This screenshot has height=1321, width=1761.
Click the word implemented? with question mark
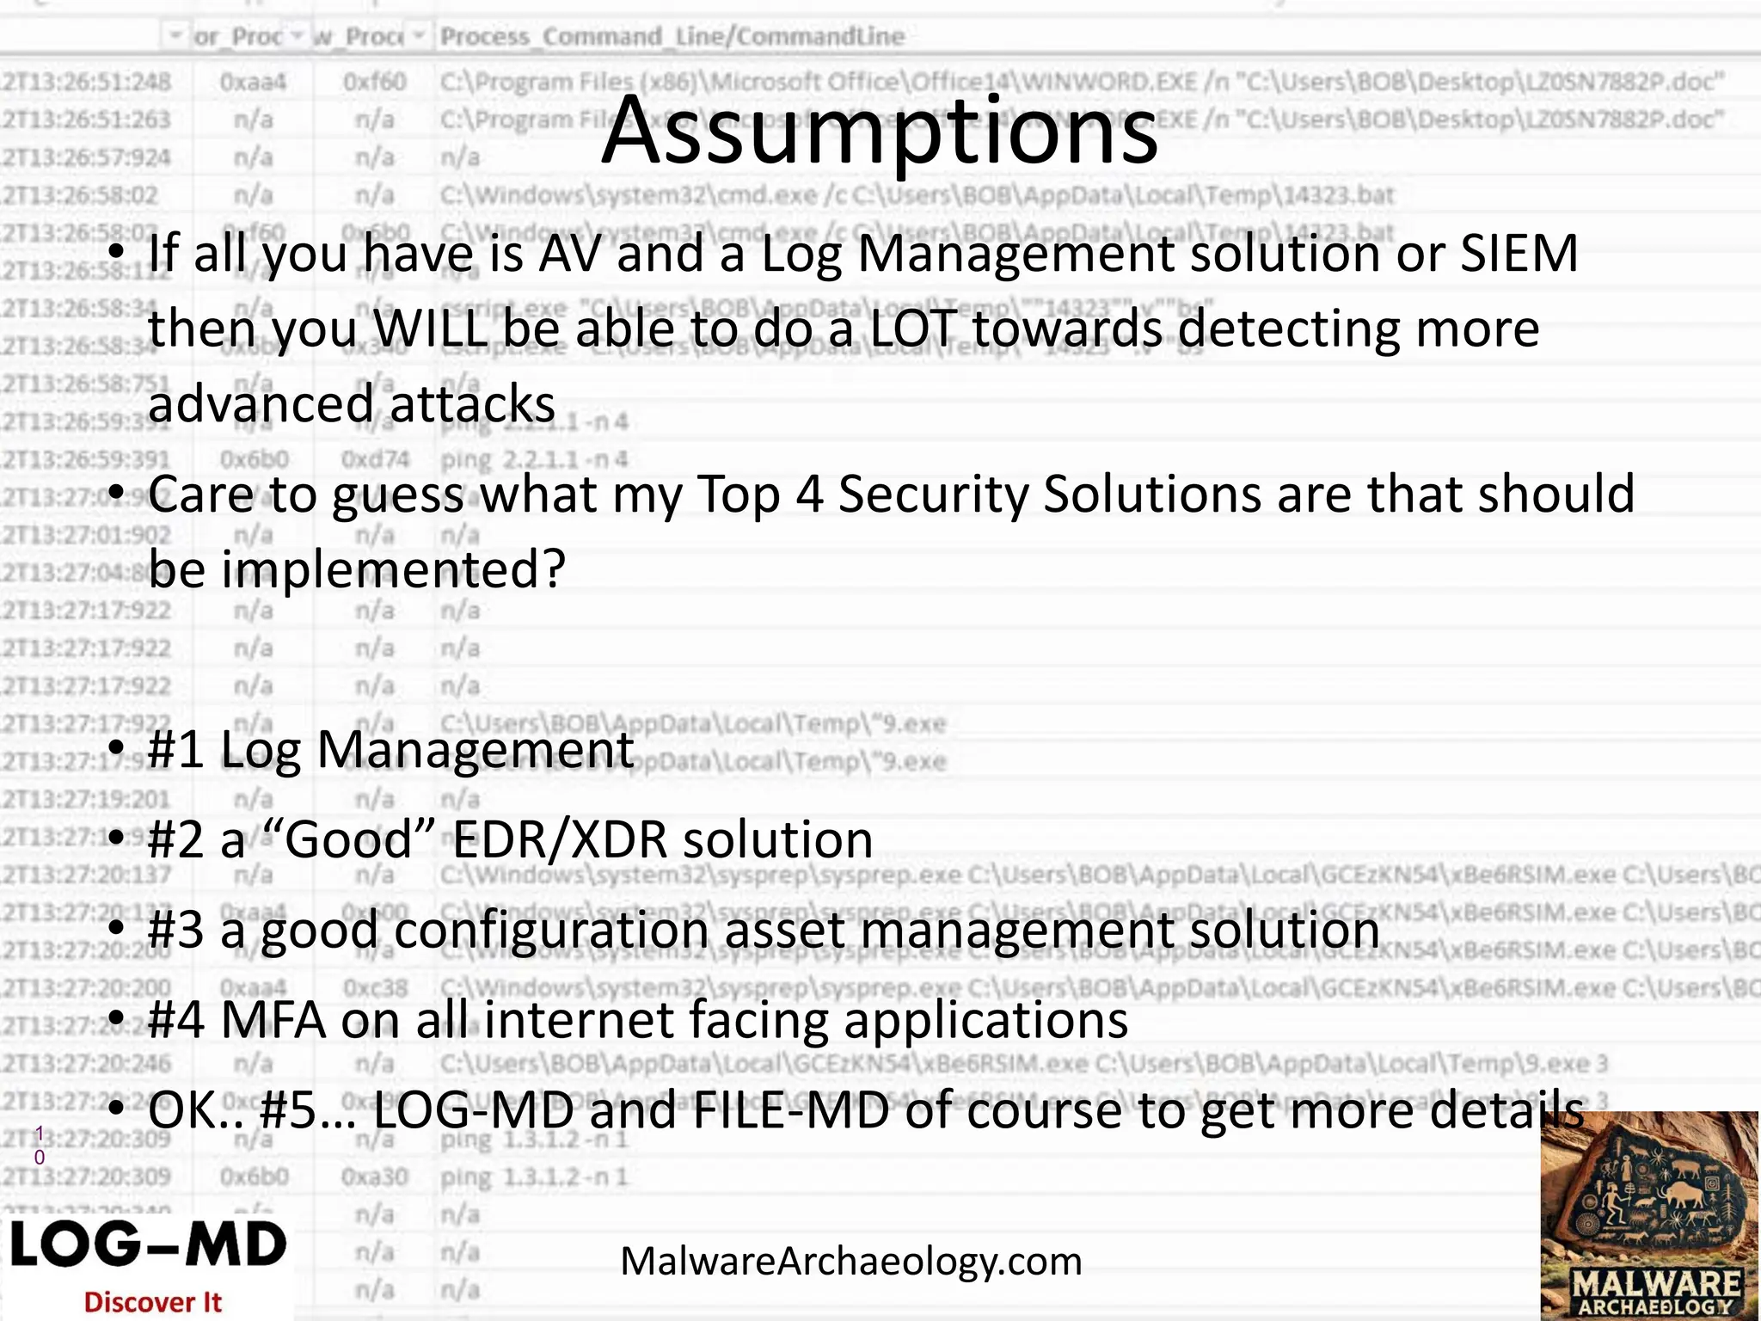(x=393, y=569)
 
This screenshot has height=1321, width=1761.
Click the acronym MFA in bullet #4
(x=273, y=1021)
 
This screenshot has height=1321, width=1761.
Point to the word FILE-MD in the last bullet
(x=792, y=1111)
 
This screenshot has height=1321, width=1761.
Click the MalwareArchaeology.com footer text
(x=850, y=1261)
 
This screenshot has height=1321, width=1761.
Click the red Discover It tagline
(x=152, y=1302)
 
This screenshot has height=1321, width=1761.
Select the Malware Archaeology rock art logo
(x=1649, y=1216)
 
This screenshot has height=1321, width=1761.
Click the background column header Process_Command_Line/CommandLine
(x=672, y=37)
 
